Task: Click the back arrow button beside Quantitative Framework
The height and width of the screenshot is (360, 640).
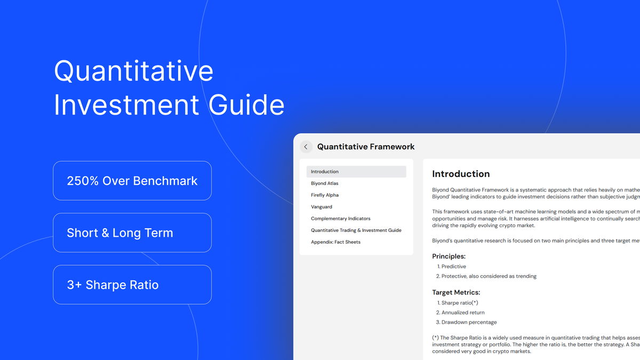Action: pos(306,147)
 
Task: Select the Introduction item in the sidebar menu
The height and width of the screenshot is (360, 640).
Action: pos(325,172)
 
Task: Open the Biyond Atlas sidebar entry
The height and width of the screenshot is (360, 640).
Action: pos(325,183)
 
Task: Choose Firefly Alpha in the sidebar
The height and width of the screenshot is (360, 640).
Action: pos(325,195)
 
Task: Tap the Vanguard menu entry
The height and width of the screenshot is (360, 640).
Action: pos(322,207)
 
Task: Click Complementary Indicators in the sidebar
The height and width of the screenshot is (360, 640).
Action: pos(340,219)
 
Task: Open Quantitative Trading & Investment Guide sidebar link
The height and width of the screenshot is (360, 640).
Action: pos(356,230)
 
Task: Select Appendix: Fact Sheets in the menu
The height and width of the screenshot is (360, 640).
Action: pos(335,242)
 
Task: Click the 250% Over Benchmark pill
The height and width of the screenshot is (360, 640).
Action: pos(132,181)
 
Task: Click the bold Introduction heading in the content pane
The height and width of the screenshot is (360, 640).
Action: pos(461,174)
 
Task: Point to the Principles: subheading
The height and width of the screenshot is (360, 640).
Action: pos(449,256)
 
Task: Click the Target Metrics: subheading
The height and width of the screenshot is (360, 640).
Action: pos(456,292)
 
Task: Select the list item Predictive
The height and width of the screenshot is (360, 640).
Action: pos(453,267)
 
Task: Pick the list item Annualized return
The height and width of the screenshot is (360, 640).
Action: pos(462,313)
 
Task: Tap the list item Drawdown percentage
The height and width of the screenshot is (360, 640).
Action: pos(469,322)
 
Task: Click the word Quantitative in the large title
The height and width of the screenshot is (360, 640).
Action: pos(133,71)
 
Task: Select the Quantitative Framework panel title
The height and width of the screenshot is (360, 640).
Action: pos(366,147)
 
